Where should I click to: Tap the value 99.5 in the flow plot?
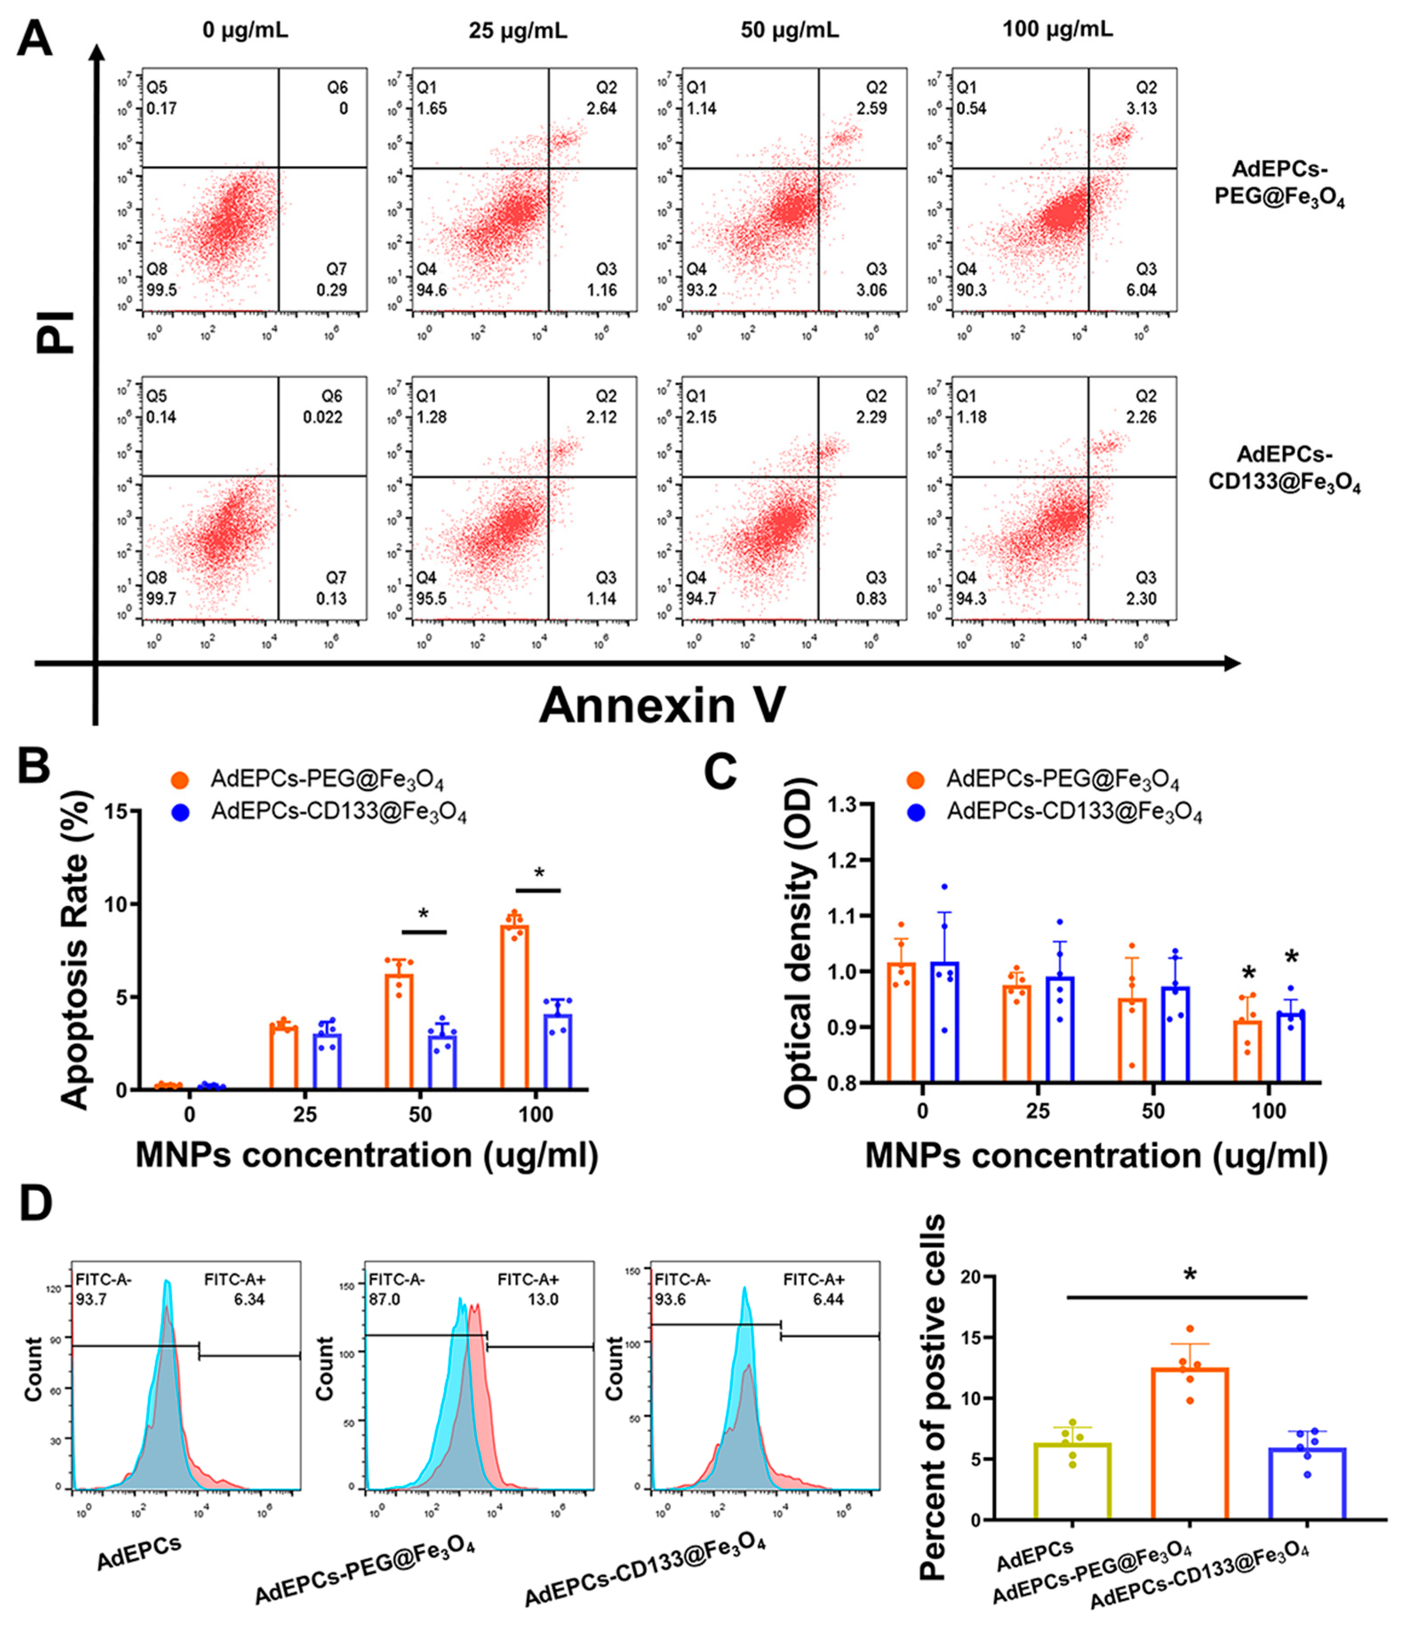(162, 290)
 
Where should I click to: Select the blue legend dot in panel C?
(917, 812)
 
